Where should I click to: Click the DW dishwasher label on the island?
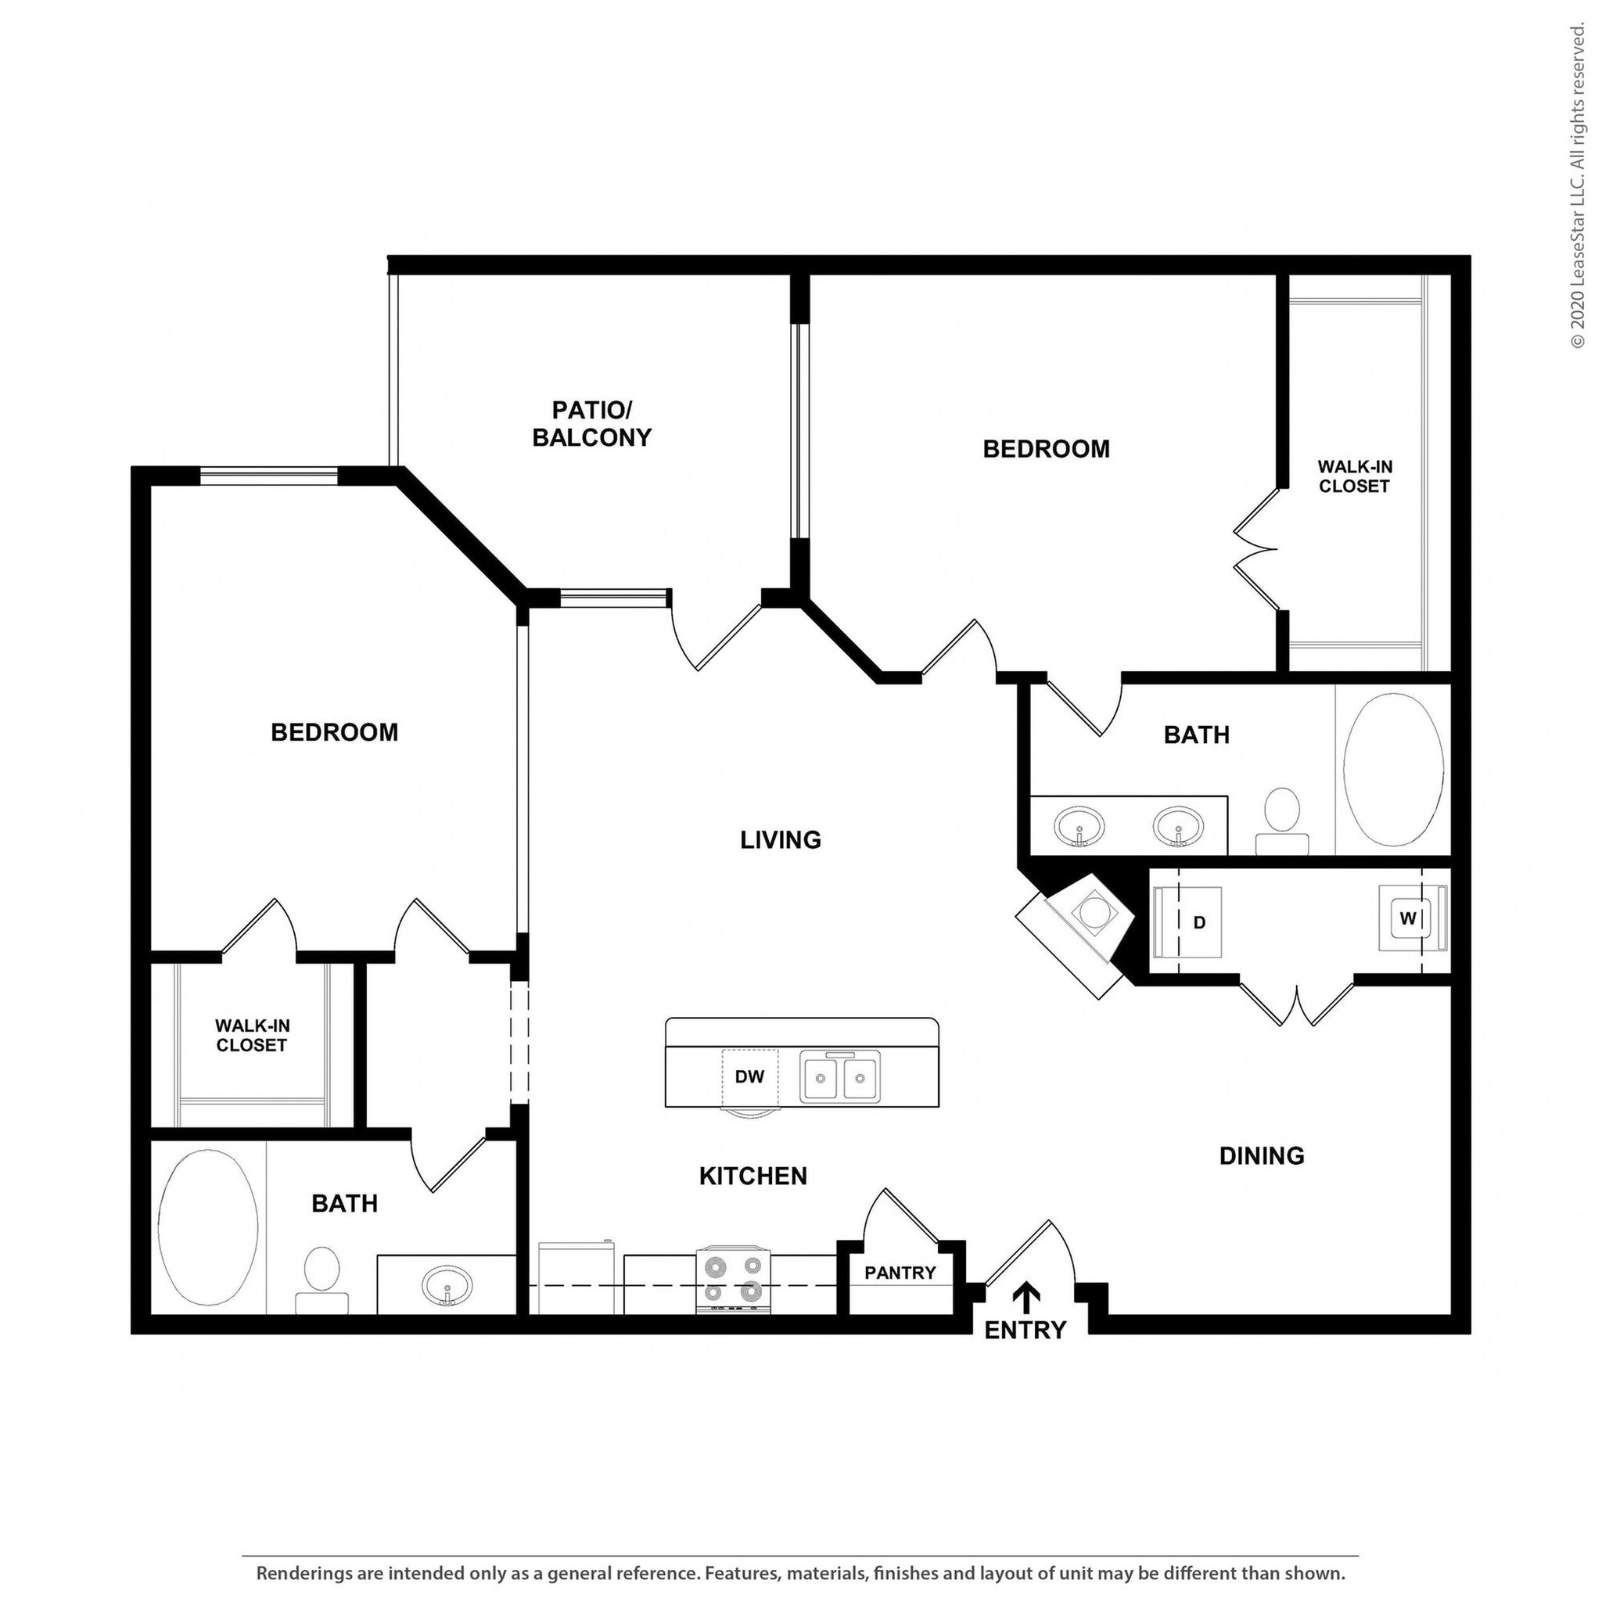[x=749, y=1077]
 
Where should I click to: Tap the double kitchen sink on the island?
[x=839, y=1077]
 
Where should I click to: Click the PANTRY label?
[x=900, y=1273]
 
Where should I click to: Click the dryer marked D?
[x=1188, y=922]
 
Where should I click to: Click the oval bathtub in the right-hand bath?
[x=1393, y=770]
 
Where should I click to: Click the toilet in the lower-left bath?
[x=321, y=1279]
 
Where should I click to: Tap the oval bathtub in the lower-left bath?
[x=207, y=1227]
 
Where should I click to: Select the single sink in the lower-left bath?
[x=447, y=1286]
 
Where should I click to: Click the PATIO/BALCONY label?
[x=591, y=424]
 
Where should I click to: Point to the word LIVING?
[x=780, y=840]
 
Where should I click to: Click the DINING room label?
[x=1261, y=1155]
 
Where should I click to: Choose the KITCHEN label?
[x=752, y=1176]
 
